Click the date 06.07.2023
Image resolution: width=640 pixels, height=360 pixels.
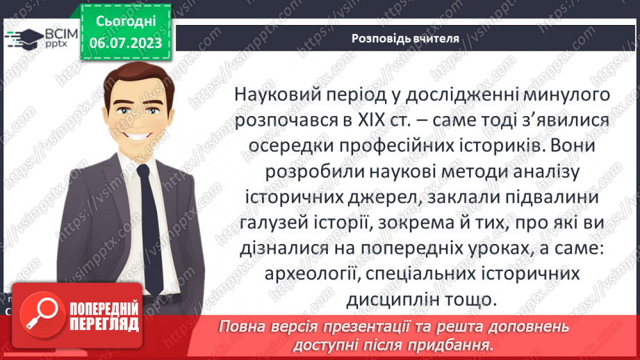pos(125,43)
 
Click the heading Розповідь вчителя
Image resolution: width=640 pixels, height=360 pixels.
pos(405,39)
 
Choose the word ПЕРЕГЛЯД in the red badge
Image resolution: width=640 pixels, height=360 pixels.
pos(105,324)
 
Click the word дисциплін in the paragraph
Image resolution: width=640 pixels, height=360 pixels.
pos(388,299)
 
